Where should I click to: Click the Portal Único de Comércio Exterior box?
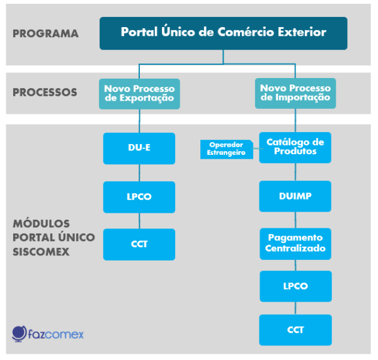pos(223,33)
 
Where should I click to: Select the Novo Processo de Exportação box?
pos(139,94)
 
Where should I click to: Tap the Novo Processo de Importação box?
pos(295,93)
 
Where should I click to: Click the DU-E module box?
pos(139,149)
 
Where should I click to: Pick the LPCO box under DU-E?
pos(139,197)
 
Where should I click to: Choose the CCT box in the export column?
pos(139,244)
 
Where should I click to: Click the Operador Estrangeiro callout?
pos(227,149)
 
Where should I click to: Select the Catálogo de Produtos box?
pos(295,148)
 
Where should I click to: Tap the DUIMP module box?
pos(295,196)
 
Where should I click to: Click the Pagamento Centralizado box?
pos(295,244)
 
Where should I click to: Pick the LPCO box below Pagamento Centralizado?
pos(295,286)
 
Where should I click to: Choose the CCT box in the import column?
pos(295,330)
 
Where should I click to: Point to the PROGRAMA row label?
pos(45,33)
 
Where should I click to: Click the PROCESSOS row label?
pos(45,93)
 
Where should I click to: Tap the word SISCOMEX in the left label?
pos(41,252)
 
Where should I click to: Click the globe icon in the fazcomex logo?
pos(20,334)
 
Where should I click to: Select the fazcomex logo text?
pos(55,334)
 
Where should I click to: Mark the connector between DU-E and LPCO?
pos(139,173)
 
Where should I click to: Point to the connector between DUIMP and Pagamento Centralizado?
pos(295,220)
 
